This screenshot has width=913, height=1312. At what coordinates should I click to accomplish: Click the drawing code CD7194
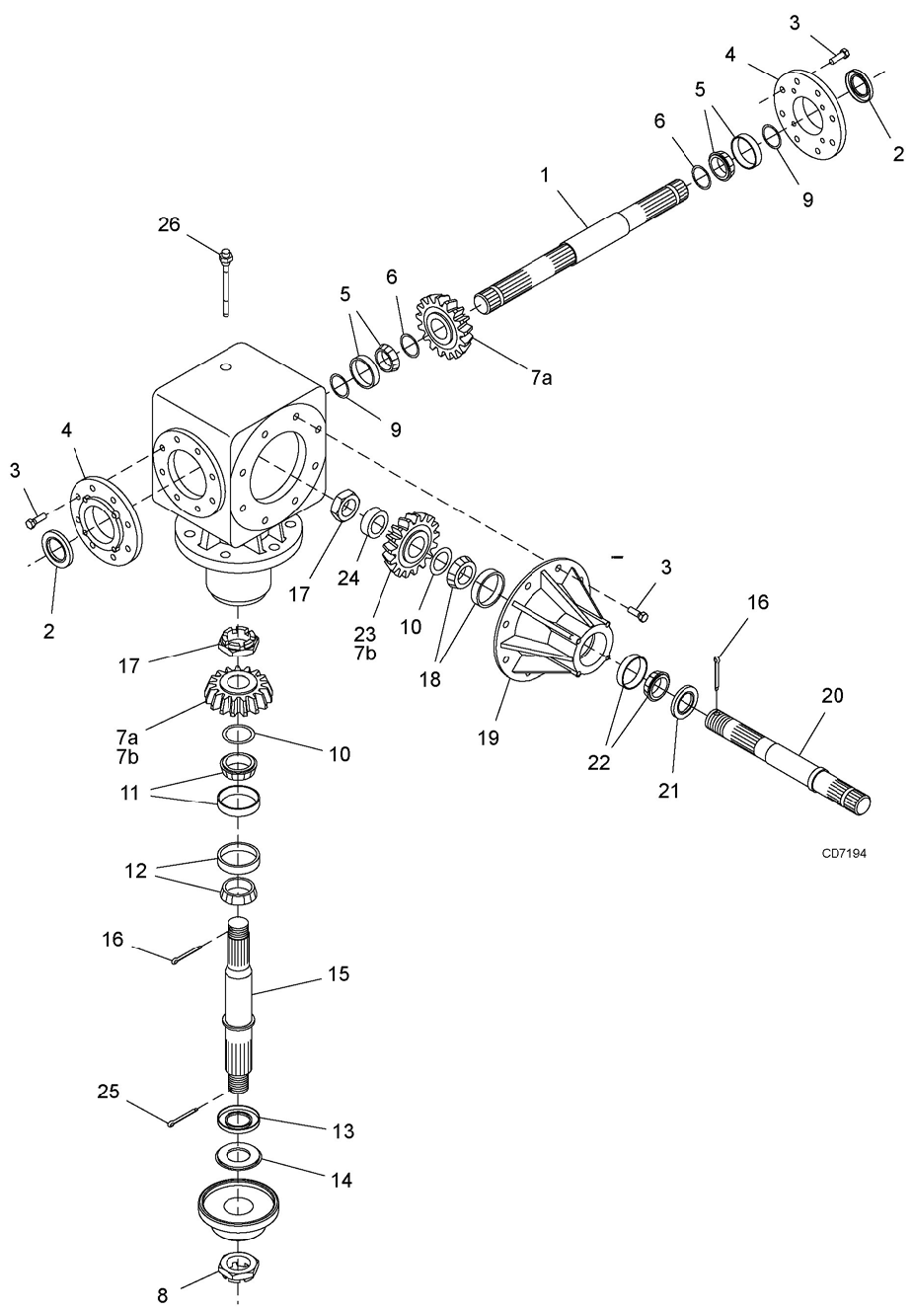click(x=844, y=853)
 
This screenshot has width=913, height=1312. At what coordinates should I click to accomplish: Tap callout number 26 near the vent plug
click(x=169, y=224)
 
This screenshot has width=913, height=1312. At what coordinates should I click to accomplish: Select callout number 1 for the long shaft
click(x=545, y=175)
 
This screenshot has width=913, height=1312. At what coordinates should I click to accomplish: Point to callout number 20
click(x=832, y=695)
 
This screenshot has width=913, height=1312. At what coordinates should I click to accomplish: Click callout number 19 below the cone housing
click(x=488, y=737)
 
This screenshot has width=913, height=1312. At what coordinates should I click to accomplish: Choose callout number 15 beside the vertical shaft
click(x=339, y=974)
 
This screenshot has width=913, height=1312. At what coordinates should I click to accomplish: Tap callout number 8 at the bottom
click(x=162, y=1295)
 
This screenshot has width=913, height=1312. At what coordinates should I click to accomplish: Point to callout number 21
click(x=668, y=790)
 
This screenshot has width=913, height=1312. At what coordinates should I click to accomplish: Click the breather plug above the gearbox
click(x=225, y=282)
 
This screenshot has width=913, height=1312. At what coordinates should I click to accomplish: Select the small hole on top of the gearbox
click(x=225, y=367)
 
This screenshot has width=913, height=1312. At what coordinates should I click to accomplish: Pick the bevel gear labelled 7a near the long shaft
click(x=444, y=328)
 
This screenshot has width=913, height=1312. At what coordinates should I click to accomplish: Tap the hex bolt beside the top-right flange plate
click(x=839, y=57)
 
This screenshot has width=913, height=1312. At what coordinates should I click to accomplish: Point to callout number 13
click(x=343, y=1130)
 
